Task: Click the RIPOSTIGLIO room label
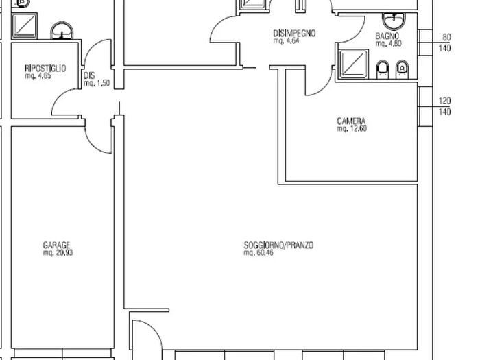coord(45,68)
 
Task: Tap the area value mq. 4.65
coord(38,76)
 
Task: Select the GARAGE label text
coord(57,245)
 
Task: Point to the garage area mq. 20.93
coord(58,253)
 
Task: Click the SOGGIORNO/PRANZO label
coord(278,245)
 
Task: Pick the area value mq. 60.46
coord(259,253)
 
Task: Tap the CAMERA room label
coord(351,121)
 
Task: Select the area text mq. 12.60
coord(352,129)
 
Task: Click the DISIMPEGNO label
coord(294,33)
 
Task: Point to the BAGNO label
coord(387,36)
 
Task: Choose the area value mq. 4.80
coord(389,43)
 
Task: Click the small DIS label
coord(89,75)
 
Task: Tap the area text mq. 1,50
coord(97,83)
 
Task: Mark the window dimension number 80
coord(446,37)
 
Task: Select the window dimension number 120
coord(444,101)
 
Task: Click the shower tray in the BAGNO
coord(354,64)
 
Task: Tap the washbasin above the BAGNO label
coord(394,21)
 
